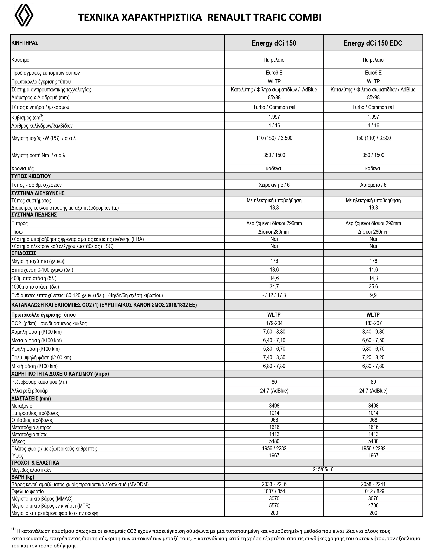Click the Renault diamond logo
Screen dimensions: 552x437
(x=24, y=15)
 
